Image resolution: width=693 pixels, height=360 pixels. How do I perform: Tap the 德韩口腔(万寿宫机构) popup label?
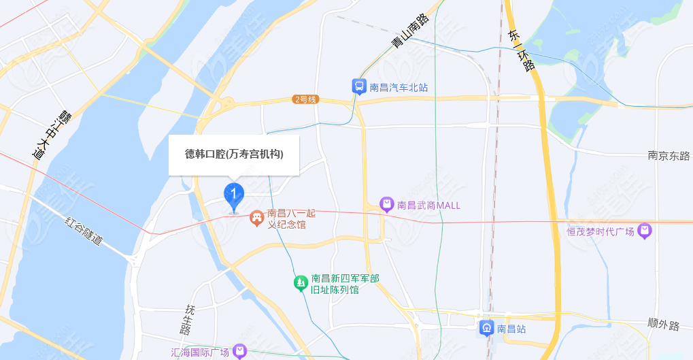pyautogui.click(x=234, y=154)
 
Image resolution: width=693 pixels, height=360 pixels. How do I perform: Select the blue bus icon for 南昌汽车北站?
pyautogui.click(x=358, y=86)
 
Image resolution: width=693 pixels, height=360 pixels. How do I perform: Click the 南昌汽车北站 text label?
pyautogui.click(x=399, y=87)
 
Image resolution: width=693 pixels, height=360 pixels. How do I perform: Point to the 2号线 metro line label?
pyautogui.click(x=305, y=99)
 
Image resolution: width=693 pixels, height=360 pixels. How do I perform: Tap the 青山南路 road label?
pyautogui.click(x=411, y=31)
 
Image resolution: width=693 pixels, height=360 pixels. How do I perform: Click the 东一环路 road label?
pyautogui.click(x=522, y=50)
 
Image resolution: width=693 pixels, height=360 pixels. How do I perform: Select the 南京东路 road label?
pyautogui.click(x=669, y=156)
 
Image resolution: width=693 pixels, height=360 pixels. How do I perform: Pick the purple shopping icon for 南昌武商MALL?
pyautogui.click(x=386, y=204)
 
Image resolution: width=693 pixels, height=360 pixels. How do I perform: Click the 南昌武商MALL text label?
pyautogui.click(x=428, y=205)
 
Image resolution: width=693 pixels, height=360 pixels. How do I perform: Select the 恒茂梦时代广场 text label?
pyautogui.click(x=601, y=232)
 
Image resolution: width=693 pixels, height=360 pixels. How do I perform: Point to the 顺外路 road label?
pyautogui.click(x=664, y=325)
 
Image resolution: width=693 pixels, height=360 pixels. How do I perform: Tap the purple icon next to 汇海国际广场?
pyautogui.click(x=239, y=351)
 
